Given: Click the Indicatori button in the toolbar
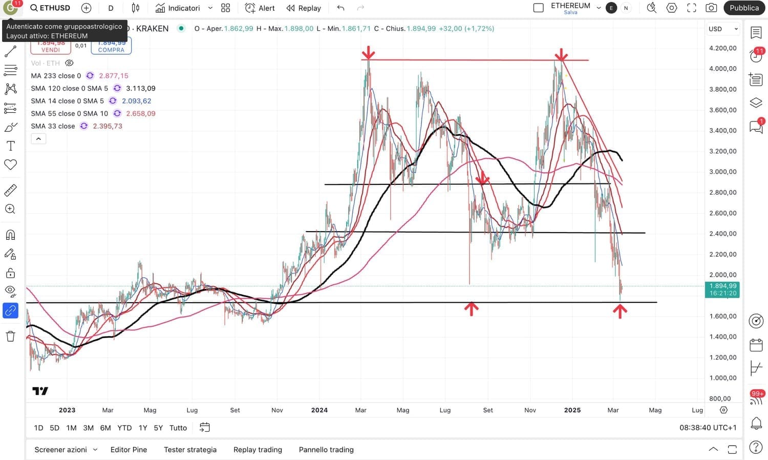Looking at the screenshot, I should (x=178, y=8).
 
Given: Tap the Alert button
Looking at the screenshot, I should (x=260, y=8).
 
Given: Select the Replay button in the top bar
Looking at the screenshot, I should (x=304, y=8).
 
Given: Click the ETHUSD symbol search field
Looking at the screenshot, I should (x=50, y=8).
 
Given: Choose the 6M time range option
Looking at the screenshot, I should (x=105, y=428).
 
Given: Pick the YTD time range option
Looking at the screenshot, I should (x=124, y=428).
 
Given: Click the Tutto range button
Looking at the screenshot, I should (x=178, y=428).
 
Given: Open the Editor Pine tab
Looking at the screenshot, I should (x=129, y=450).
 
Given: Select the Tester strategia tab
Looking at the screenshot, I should (x=190, y=450).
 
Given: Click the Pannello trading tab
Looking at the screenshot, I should (x=326, y=450).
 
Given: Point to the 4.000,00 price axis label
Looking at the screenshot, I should (x=722, y=69).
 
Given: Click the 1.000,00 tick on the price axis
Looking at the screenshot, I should (x=722, y=378).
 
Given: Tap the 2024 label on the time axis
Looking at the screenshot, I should (x=319, y=410).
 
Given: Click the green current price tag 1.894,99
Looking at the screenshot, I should (x=722, y=289).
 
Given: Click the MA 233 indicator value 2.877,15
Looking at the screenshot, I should (x=114, y=76).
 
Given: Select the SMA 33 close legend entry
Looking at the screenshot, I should (x=53, y=126).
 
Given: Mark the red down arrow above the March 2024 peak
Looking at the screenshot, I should (x=368, y=53).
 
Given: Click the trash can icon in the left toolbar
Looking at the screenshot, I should (x=10, y=337).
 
